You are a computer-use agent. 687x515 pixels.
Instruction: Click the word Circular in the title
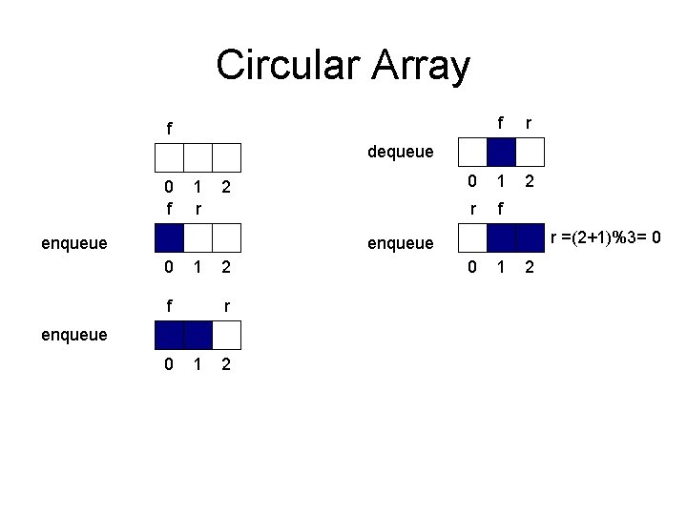pyautogui.click(x=281, y=66)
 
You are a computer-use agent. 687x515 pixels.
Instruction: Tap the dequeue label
pyautogui.click(x=401, y=151)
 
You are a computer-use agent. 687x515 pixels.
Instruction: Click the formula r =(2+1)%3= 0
pyautogui.click(x=608, y=236)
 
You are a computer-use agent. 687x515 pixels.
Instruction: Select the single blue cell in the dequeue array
pyautogui.click(x=502, y=152)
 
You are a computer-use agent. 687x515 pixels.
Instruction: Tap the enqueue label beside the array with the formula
pyautogui.click(x=401, y=243)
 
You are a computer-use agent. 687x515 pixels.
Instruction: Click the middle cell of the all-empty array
pyautogui.click(x=198, y=156)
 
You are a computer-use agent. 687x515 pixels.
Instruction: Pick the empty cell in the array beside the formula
pyautogui.click(x=473, y=238)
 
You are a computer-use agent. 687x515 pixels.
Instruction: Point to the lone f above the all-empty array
pyautogui.click(x=169, y=128)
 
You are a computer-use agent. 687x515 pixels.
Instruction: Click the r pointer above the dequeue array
pyautogui.click(x=530, y=123)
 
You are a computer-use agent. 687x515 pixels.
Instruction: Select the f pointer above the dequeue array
pyautogui.click(x=501, y=123)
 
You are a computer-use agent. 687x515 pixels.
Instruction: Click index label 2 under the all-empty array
pyautogui.click(x=226, y=186)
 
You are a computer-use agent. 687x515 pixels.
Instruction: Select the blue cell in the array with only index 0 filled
pyautogui.click(x=170, y=237)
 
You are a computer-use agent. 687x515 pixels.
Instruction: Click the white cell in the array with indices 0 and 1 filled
pyautogui.click(x=227, y=335)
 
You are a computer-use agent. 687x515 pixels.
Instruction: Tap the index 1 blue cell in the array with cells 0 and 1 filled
pyautogui.click(x=198, y=335)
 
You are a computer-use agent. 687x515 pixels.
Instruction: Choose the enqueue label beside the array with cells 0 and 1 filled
pyautogui.click(x=73, y=335)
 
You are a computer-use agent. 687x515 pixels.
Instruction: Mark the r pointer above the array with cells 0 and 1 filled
pyautogui.click(x=226, y=307)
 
